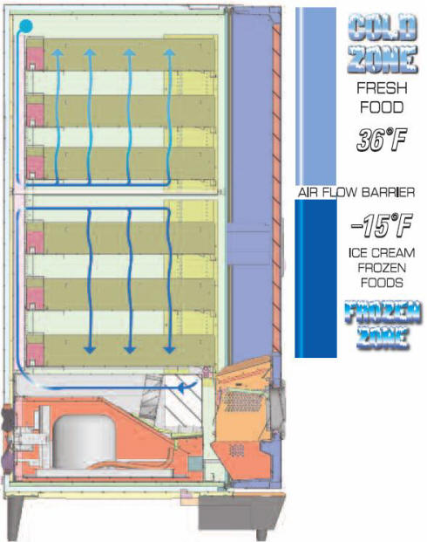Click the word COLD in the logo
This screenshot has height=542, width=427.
(x=383, y=27)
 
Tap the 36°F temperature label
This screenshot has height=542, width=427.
(x=382, y=140)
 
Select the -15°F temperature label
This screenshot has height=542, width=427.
(x=382, y=225)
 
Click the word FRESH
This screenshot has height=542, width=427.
(x=382, y=88)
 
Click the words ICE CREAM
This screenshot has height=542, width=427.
(x=382, y=253)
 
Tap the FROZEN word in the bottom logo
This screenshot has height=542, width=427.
(x=383, y=312)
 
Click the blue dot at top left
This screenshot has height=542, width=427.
(x=26, y=26)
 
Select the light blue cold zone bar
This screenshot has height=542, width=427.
(x=315, y=96)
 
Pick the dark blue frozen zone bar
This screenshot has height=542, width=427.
(x=315, y=278)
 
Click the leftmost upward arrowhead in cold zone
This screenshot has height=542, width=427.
(x=58, y=52)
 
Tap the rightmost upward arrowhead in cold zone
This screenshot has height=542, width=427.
(x=169, y=52)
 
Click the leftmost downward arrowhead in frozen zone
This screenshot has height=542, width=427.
(x=90, y=350)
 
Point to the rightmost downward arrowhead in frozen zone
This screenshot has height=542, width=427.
(x=169, y=350)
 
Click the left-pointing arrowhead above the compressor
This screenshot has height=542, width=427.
(x=181, y=388)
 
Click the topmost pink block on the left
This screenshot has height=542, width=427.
(x=35, y=58)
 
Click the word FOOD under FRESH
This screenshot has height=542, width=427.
(x=382, y=107)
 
